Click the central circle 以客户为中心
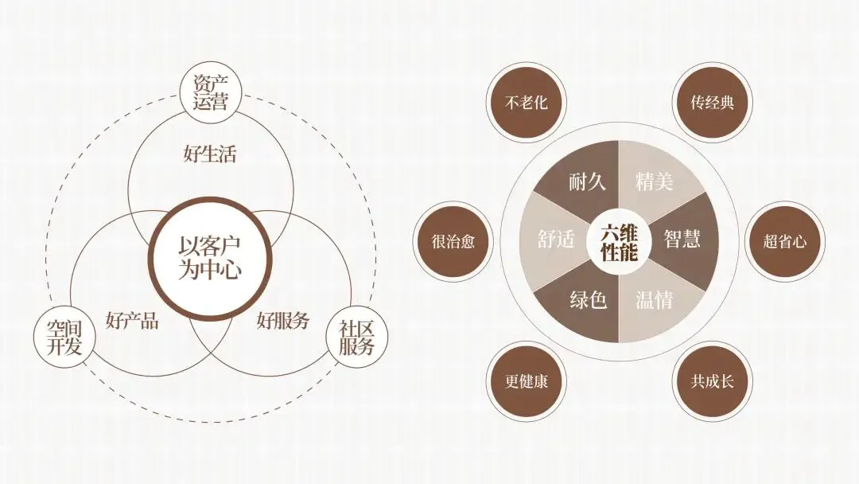210,257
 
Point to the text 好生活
210,154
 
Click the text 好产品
132,321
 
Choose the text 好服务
283,321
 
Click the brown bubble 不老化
526,103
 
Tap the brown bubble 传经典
712,103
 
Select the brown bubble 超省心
784,241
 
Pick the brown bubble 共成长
712,381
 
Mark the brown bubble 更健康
526,381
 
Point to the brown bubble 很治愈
453,241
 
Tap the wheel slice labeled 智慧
682,240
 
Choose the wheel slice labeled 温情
654,300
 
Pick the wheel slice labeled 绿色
588,300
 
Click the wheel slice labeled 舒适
556,240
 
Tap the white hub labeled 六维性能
620,241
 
